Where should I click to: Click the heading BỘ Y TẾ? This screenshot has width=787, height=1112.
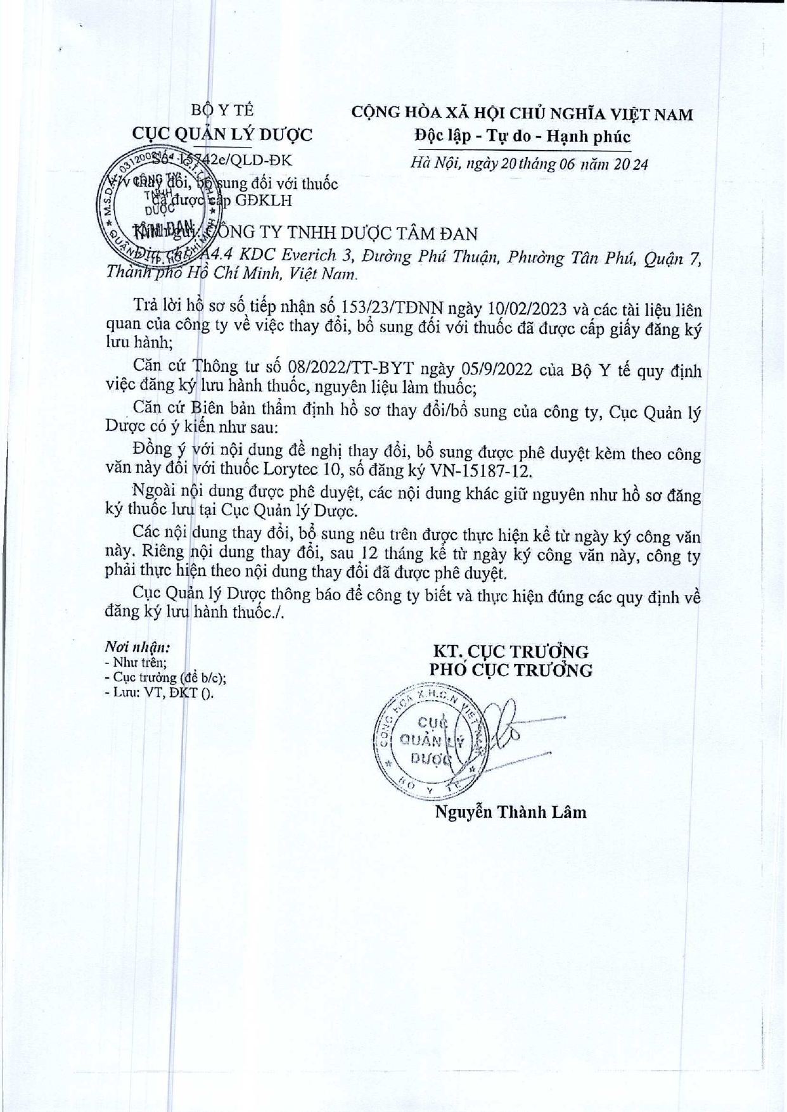tap(222, 110)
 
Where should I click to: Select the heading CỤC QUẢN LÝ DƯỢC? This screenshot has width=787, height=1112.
tap(222, 134)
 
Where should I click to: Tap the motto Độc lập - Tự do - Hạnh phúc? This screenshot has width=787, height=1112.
tap(522, 136)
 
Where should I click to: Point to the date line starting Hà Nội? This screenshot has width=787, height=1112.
tap(529, 163)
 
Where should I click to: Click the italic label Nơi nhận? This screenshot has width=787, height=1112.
tap(138, 647)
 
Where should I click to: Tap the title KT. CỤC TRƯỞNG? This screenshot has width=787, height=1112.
tap(511, 651)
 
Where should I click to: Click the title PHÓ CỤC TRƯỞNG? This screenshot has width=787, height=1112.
tap(511, 670)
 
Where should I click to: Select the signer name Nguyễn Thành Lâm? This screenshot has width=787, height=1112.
tap(511, 812)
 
